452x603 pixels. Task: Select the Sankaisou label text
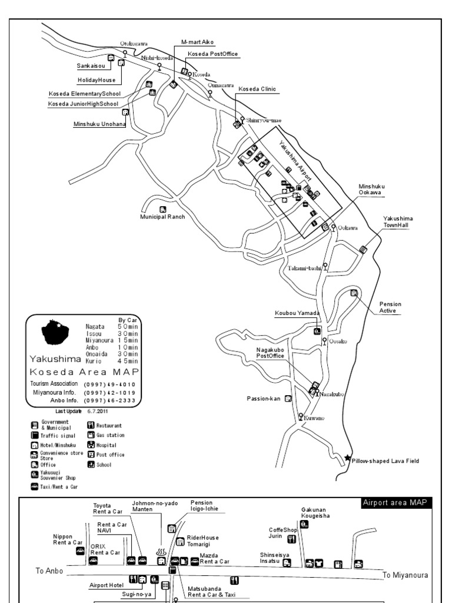[x=91, y=67]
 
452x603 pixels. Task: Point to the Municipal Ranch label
[x=162, y=216]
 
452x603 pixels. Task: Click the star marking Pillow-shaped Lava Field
[x=347, y=458]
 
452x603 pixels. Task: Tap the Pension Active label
[x=388, y=307]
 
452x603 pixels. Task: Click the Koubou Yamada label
[x=297, y=313]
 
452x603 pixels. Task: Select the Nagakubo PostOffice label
[x=271, y=353]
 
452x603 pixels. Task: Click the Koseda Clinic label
[x=257, y=89]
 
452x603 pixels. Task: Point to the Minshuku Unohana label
[x=100, y=124]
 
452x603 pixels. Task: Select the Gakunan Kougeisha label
[x=315, y=512]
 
